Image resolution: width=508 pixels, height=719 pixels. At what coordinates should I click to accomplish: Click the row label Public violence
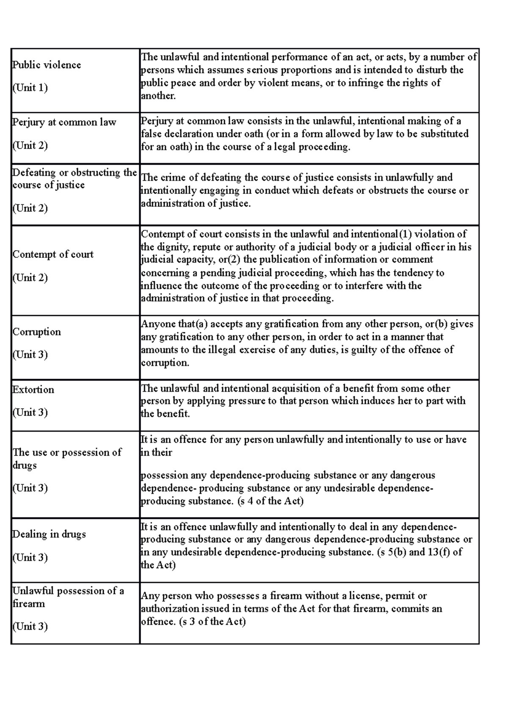click(47, 65)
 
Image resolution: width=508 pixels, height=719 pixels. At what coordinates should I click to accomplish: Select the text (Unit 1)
click(30, 88)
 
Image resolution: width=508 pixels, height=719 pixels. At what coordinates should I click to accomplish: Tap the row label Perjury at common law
click(64, 122)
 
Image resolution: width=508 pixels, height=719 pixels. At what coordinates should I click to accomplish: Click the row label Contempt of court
click(53, 254)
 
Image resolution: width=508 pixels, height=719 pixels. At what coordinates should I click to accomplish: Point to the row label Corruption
click(36, 332)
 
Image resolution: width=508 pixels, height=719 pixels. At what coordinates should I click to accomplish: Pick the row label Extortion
click(33, 390)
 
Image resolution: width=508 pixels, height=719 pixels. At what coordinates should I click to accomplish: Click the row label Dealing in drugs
click(49, 534)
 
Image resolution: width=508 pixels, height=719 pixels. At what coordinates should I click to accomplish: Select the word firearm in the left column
click(28, 603)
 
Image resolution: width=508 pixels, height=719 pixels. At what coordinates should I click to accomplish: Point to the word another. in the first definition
click(158, 96)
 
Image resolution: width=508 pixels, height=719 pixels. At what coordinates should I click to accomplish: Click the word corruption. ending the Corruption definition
click(165, 363)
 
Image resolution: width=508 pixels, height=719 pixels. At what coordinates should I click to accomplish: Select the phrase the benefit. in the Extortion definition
click(165, 414)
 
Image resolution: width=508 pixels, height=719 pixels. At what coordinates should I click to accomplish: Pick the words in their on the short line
click(156, 452)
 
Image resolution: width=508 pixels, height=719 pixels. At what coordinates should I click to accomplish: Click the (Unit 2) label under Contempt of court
click(30, 278)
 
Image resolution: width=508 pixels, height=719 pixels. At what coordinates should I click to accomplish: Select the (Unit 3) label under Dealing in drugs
click(30, 557)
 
